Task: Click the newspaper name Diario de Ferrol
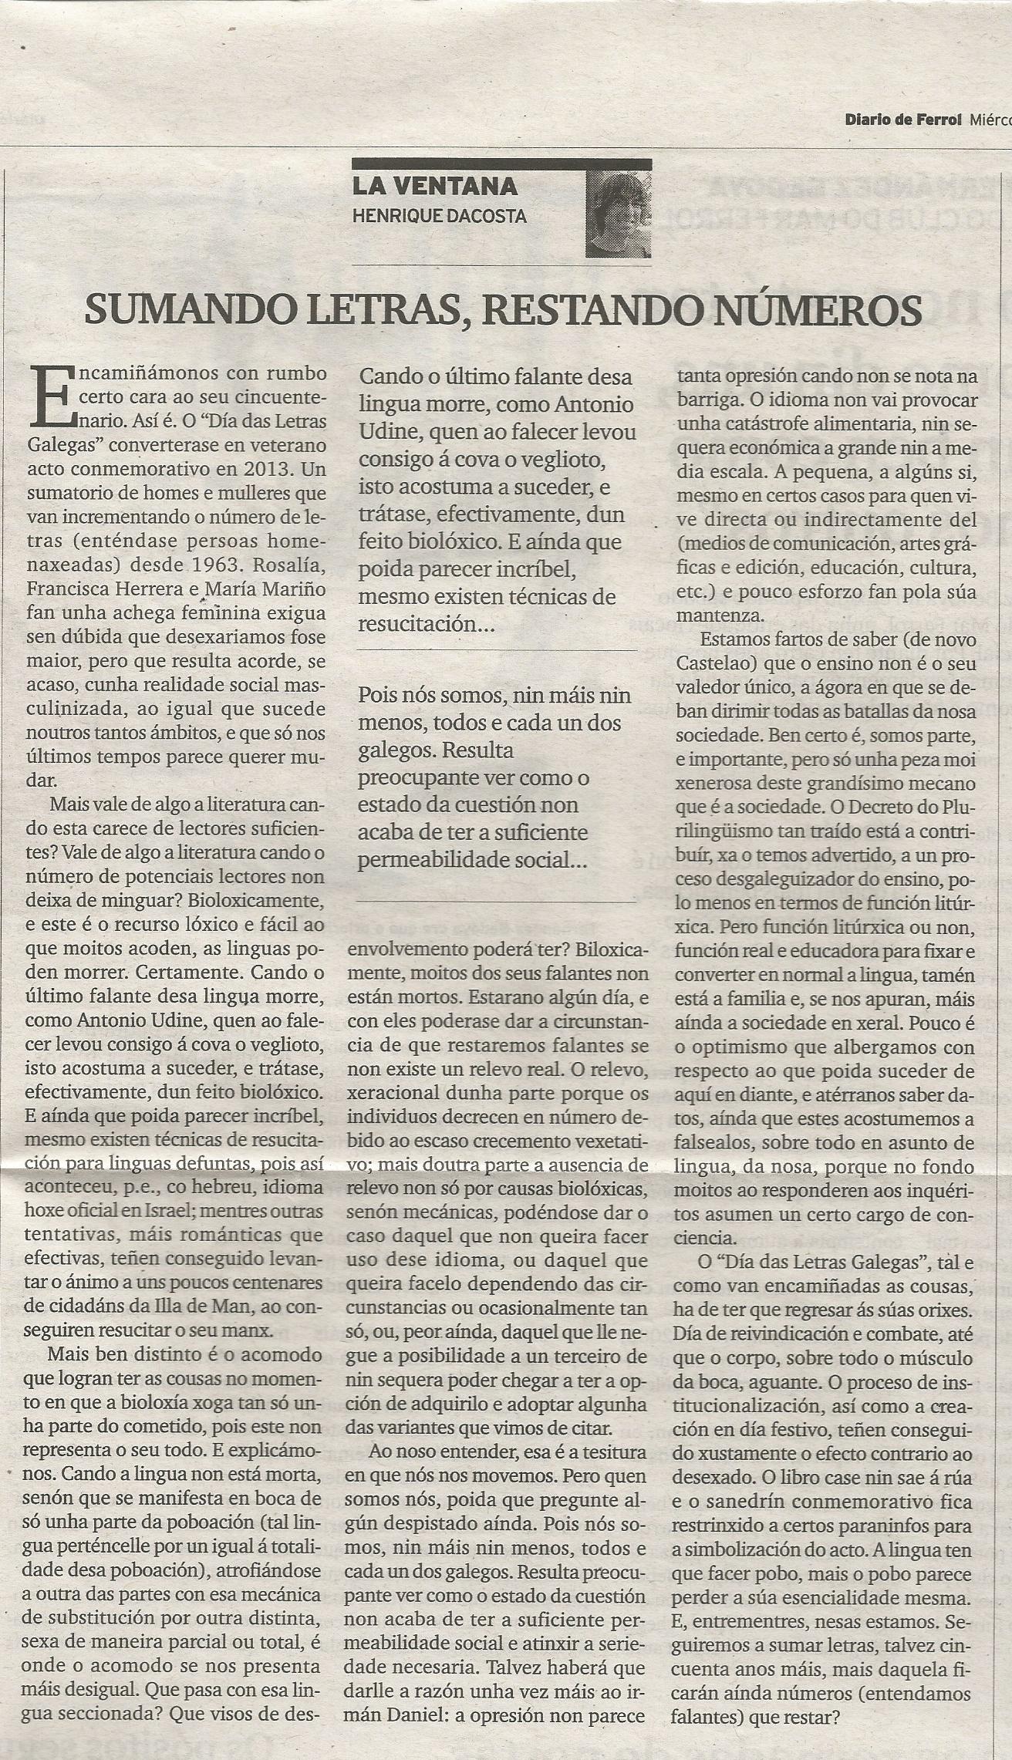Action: (x=903, y=120)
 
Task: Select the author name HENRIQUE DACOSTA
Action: (x=439, y=216)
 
